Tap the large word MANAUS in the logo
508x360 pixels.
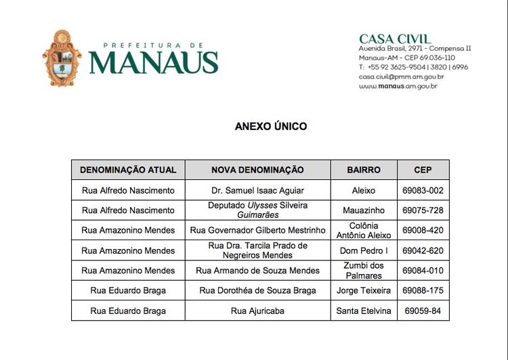(x=153, y=62)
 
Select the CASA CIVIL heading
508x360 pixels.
(x=394, y=39)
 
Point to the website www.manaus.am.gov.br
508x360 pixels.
(x=398, y=86)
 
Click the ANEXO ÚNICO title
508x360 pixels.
(x=271, y=126)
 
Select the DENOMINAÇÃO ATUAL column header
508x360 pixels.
(x=128, y=170)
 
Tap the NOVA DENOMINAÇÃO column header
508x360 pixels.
(x=257, y=170)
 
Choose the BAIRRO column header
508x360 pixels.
(x=364, y=170)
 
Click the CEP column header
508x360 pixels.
(x=423, y=170)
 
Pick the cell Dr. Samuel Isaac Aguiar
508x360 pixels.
(x=257, y=191)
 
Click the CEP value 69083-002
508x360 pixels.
(x=423, y=191)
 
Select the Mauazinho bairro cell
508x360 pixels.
(x=364, y=210)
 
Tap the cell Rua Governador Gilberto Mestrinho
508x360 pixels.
(x=257, y=230)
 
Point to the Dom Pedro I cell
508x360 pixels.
(x=364, y=250)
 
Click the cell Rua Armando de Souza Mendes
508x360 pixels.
(x=257, y=271)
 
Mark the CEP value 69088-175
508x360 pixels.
(x=423, y=291)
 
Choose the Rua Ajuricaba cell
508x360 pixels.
(x=257, y=311)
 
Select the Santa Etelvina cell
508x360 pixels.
(x=364, y=311)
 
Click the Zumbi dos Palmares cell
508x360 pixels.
(x=364, y=271)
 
